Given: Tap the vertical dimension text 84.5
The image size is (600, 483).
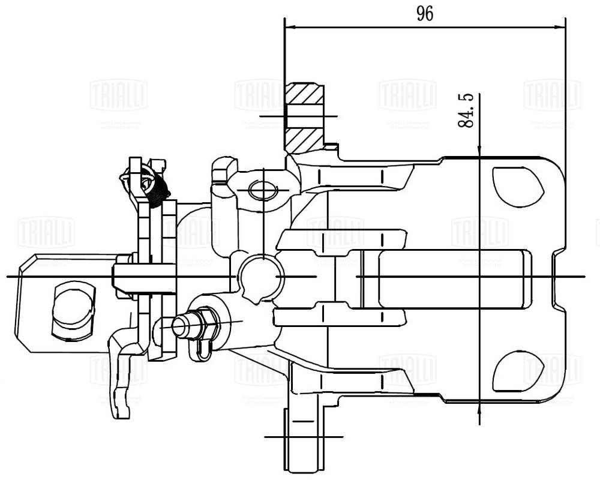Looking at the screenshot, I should click(466, 109).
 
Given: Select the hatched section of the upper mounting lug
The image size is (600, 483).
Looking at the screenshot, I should click(304, 118).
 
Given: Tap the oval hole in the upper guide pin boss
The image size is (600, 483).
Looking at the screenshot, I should click(263, 190).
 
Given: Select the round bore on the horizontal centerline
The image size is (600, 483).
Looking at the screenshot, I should click(259, 276).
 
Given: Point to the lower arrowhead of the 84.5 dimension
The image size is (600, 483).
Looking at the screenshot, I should click(479, 407).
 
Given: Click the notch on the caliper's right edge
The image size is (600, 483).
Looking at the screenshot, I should click(557, 278).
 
